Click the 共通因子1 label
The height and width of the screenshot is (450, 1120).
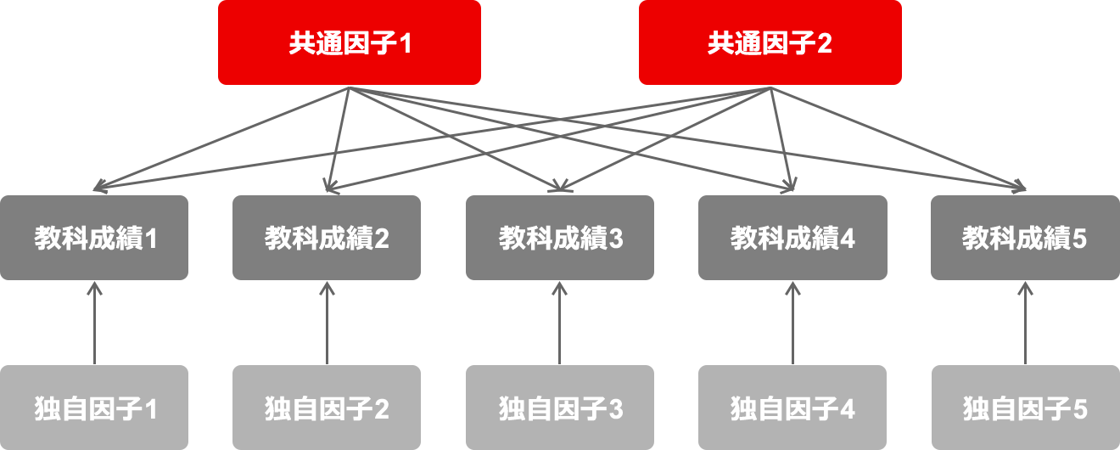(x=350, y=44)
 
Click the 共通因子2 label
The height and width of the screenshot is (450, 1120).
(x=770, y=44)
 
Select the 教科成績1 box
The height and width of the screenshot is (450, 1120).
(x=94, y=238)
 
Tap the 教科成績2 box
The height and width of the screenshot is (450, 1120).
(x=327, y=238)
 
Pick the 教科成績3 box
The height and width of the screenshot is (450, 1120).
(x=560, y=238)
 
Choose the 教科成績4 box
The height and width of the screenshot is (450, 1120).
(x=792, y=238)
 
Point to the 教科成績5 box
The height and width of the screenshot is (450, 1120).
(x=1025, y=238)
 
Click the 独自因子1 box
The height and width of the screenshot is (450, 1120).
(x=94, y=408)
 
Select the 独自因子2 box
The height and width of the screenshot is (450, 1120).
(x=327, y=408)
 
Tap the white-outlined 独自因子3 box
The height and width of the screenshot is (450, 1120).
(x=560, y=408)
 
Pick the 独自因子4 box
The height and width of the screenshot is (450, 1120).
(x=792, y=408)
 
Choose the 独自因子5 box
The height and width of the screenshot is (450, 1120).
(x=1025, y=408)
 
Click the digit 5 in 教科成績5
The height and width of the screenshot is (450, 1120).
(x=1078, y=239)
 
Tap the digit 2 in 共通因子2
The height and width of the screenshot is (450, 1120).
(x=824, y=44)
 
